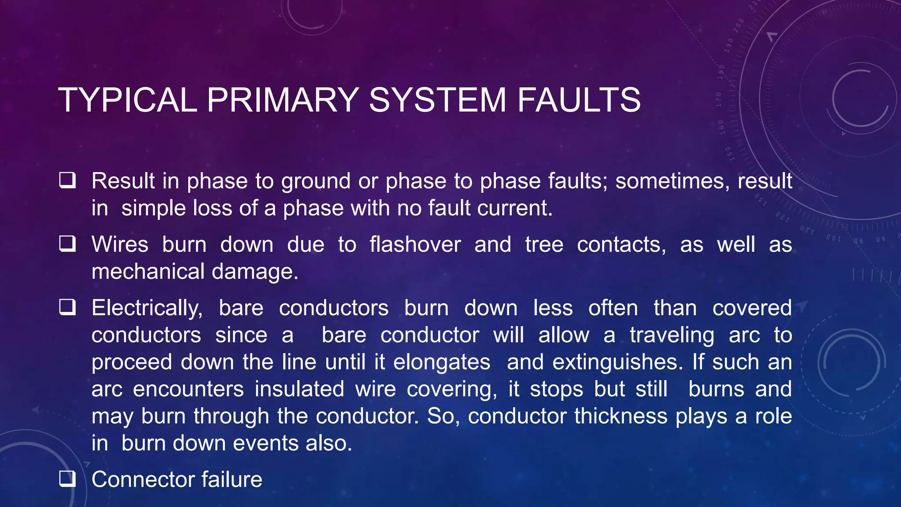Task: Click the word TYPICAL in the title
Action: (128, 100)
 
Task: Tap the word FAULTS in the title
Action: (579, 100)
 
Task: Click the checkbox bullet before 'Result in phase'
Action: (67, 180)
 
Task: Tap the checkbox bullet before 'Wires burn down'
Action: (67, 243)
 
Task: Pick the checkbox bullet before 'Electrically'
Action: (67, 307)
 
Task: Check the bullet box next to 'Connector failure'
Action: (67, 478)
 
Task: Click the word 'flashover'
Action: (415, 244)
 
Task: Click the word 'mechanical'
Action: (148, 272)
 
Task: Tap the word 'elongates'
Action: (442, 362)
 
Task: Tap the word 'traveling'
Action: (672, 335)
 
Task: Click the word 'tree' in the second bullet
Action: (544, 244)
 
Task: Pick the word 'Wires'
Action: (120, 244)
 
